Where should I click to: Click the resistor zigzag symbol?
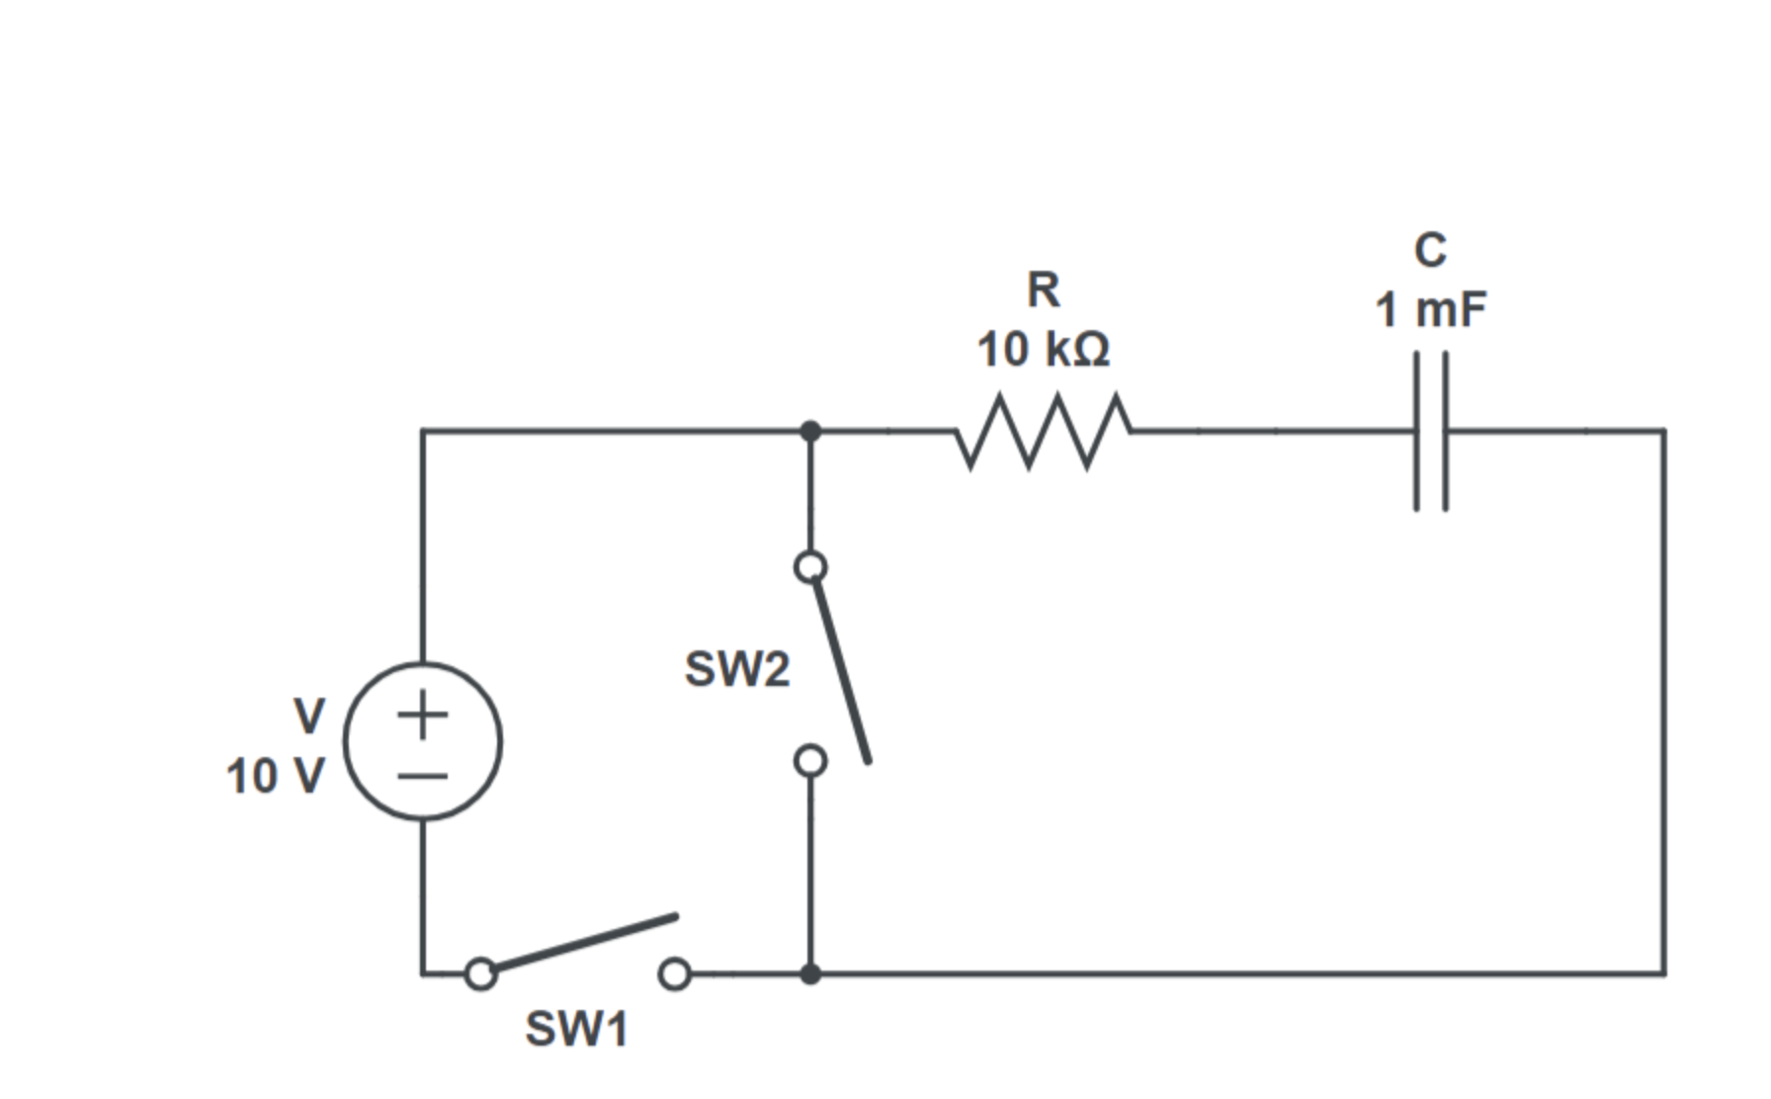coord(1043,431)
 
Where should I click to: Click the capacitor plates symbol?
coord(1431,431)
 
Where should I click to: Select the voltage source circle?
coord(423,741)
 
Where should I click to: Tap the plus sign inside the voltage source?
coord(423,714)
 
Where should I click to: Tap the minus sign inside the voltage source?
coord(423,775)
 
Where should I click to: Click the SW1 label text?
coord(576,1029)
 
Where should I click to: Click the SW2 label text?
coord(737,669)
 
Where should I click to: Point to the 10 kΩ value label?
coord(1044,350)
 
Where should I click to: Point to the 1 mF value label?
coord(1430,310)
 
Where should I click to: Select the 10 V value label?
coord(275,776)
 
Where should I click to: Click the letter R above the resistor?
coord(1044,290)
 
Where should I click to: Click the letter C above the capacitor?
coord(1430,250)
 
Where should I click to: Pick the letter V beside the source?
coord(309,716)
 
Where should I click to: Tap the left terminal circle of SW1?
coord(480,973)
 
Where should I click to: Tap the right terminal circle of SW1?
coord(674,973)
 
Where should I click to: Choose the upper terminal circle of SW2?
coord(810,567)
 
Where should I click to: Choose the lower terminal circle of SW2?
coord(810,761)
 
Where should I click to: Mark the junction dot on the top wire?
coord(810,431)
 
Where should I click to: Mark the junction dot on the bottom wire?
coord(810,973)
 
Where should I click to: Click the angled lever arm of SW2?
coord(842,672)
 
